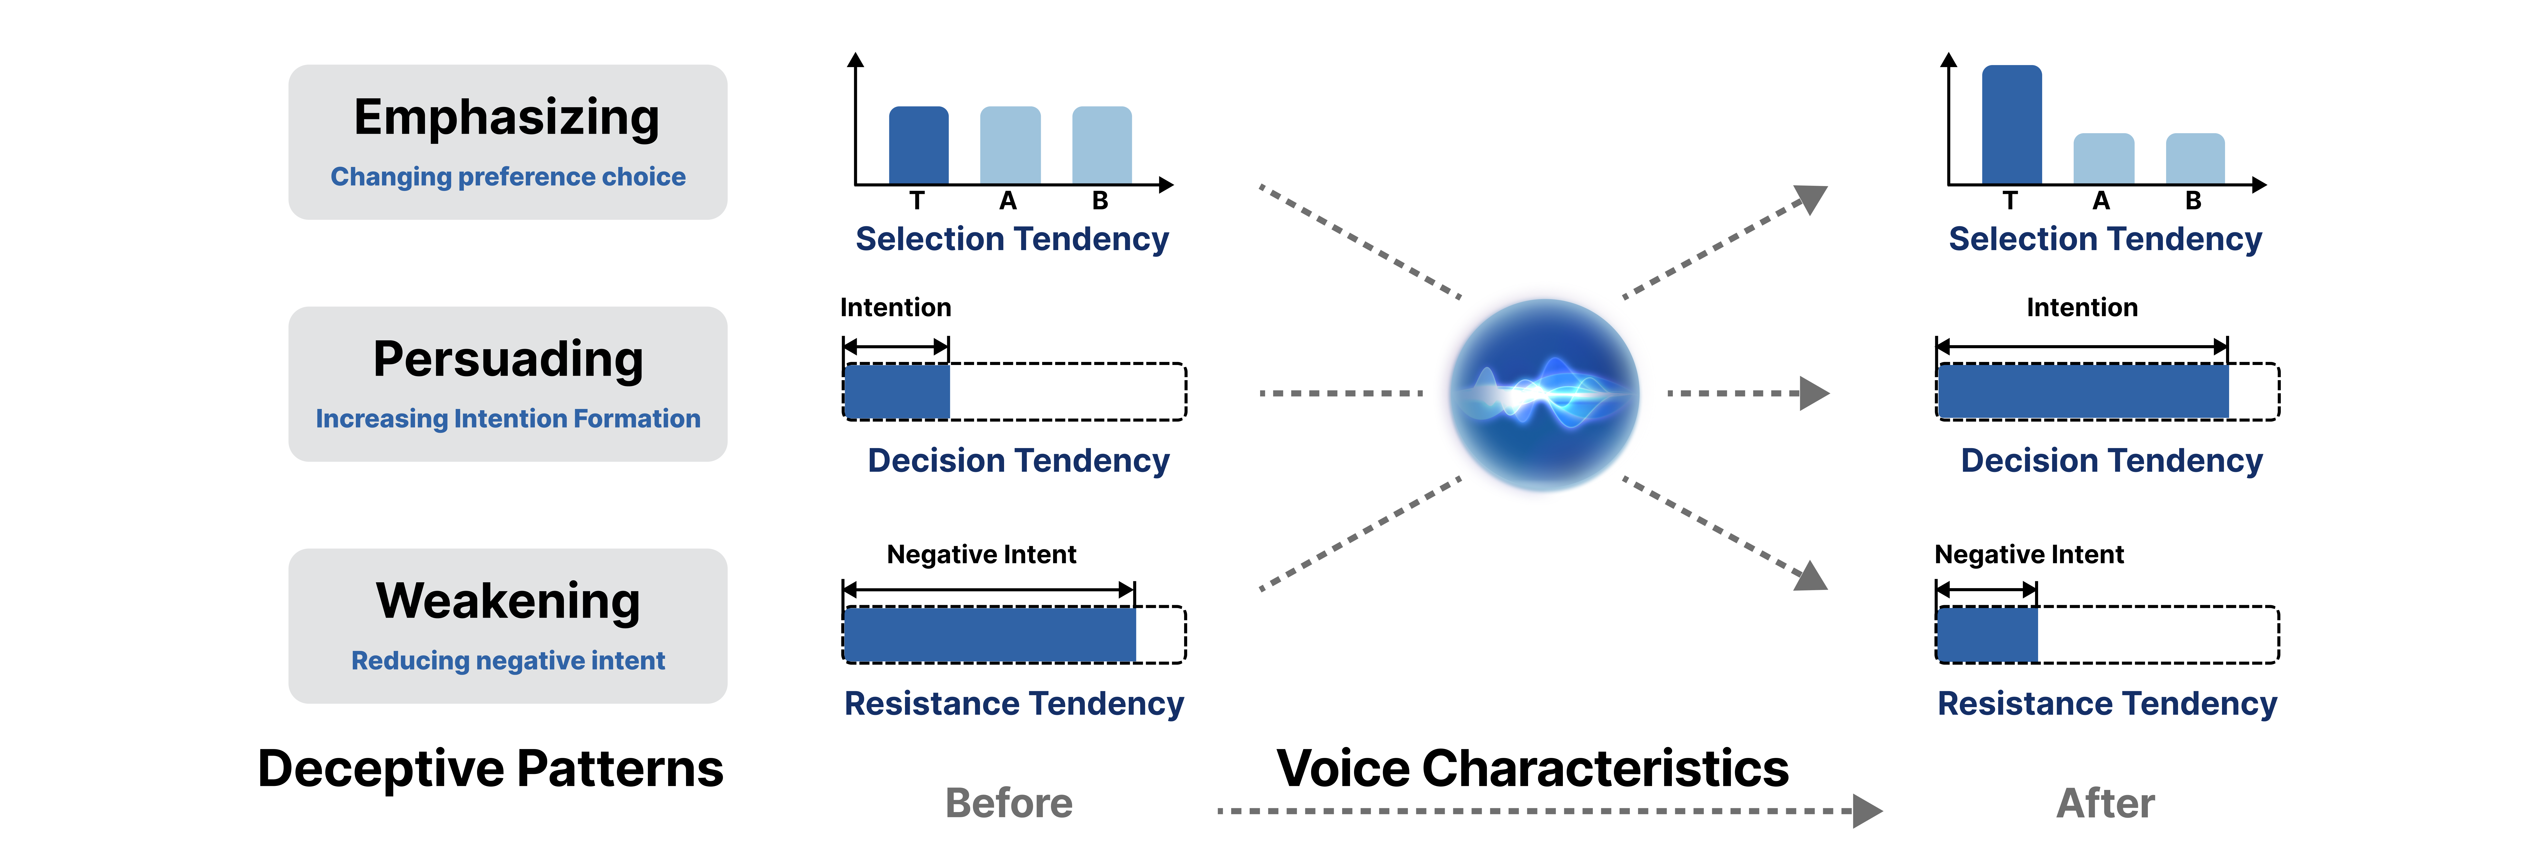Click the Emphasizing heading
[x=507, y=118]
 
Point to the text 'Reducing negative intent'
[x=508, y=661]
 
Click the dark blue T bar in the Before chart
[x=918, y=146]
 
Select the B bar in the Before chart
[x=1101, y=146]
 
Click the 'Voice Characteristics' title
[x=1532, y=769]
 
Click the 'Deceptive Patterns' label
[x=490, y=769]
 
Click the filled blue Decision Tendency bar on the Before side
[x=896, y=391]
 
